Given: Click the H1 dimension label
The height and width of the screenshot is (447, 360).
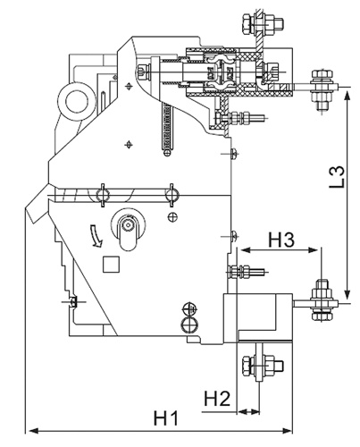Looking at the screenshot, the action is [166, 418].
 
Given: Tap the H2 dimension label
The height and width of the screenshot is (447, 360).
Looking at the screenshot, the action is [217, 399].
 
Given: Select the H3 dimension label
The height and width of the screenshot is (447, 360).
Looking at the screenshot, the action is [281, 240].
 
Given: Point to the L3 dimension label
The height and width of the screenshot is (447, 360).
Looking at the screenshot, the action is [337, 177].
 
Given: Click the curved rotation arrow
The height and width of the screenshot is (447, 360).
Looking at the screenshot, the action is [96, 236].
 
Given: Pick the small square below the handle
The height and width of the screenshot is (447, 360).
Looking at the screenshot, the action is [111, 264].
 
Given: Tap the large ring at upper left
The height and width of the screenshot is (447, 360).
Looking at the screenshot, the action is [77, 102].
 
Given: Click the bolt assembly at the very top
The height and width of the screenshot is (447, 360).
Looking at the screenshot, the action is [263, 23].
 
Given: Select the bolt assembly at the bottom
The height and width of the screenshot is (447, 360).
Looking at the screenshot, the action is [263, 366].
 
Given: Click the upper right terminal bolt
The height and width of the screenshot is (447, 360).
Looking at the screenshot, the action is [322, 89].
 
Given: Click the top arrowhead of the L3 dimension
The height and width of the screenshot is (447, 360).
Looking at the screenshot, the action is [347, 95].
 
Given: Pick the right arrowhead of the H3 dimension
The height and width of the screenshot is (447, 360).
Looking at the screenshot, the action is [314, 249].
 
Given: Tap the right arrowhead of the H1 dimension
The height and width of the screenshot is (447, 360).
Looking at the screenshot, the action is [287, 431].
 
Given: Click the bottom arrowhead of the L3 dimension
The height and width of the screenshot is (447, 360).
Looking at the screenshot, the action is [347, 293].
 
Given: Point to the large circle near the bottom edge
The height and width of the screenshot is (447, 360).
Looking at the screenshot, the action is [190, 325].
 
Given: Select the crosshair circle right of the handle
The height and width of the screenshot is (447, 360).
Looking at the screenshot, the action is [173, 217].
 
